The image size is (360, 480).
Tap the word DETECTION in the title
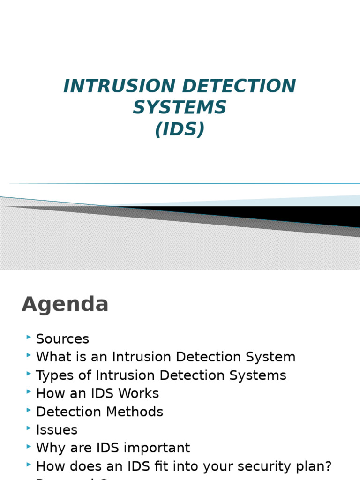239,86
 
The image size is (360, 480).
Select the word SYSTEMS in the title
180,108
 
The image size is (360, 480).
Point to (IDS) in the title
180,129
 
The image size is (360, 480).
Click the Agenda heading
65,305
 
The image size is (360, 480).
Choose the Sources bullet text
62,339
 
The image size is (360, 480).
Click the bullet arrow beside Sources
29,337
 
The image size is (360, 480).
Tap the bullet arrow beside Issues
29,428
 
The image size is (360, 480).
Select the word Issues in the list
57,430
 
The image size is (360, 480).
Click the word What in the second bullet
52,357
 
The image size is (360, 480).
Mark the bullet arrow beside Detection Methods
29,410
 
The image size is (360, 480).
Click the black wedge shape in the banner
281,215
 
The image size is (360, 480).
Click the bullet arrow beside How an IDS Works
29,391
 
